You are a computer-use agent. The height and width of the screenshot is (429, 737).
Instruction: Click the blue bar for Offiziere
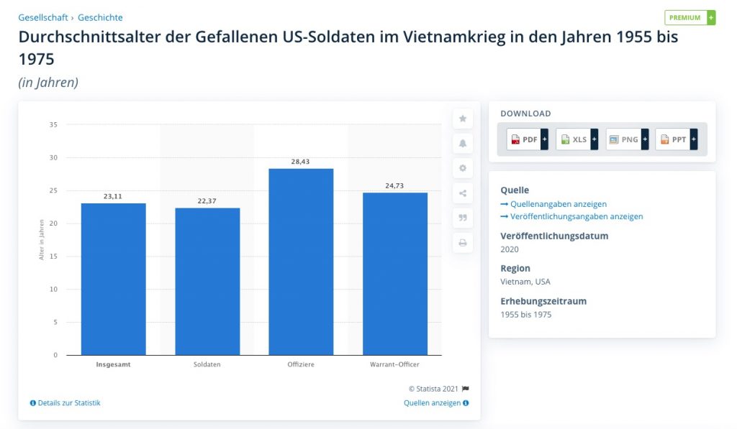[301, 262]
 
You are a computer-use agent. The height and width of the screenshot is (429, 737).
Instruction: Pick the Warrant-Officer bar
[395, 274]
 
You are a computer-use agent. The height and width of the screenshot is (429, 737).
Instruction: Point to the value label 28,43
[301, 162]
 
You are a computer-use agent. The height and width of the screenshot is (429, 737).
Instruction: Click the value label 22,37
[207, 201]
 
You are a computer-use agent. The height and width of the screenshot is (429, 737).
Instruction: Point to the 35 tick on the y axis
[53, 125]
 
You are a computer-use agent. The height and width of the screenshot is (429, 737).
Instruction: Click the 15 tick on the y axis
[53, 257]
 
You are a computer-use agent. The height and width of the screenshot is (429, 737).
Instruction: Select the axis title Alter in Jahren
[42, 239]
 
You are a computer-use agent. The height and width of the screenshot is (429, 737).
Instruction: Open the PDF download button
[528, 139]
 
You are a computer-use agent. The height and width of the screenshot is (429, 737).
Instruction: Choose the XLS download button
[577, 139]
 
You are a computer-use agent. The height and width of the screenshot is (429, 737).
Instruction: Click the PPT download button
[676, 139]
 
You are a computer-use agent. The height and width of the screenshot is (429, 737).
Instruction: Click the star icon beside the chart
[463, 119]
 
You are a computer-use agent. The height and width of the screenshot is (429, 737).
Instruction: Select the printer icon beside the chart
[463, 243]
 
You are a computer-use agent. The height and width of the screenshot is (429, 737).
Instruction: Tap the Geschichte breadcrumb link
[100, 17]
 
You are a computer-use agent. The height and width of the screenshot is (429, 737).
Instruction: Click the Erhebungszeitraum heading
[543, 301]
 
